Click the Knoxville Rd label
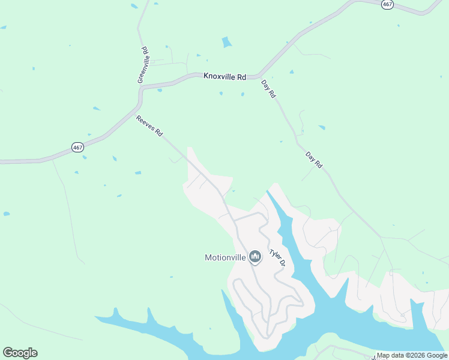click(x=225, y=77)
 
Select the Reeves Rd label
click(x=149, y=127)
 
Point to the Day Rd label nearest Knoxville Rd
click(x=268, y=89)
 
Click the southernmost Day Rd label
click(x=314, y=161)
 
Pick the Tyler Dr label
click(x=276, y=259)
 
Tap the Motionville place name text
click(x=225, y=258)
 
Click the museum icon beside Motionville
click(x=255, y=257)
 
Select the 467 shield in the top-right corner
click(x=387, y=4)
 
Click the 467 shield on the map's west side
click(x=77, y=147)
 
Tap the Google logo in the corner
click(x=20, y=353)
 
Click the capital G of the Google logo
click(x=8, y=353)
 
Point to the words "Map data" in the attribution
click(x=390, y=355)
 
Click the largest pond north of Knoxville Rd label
click(x=226, y=43)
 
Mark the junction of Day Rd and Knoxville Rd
click(x=259, y=77)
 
